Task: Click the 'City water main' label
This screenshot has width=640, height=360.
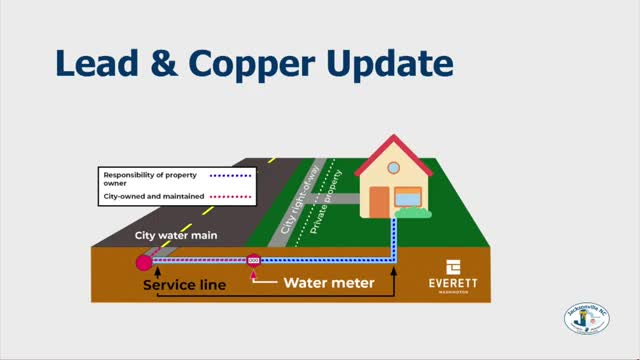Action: pos(176,237)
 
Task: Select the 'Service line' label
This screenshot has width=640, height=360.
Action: pos(184,285)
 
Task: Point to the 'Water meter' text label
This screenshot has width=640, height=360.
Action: pos(328,283)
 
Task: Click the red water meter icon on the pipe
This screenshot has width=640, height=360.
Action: pos(253,262)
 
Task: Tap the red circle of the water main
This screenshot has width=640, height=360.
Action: pos(145,263)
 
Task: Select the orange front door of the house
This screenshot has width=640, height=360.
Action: pos(379,200)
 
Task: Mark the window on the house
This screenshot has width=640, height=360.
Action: pos(408,197)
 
